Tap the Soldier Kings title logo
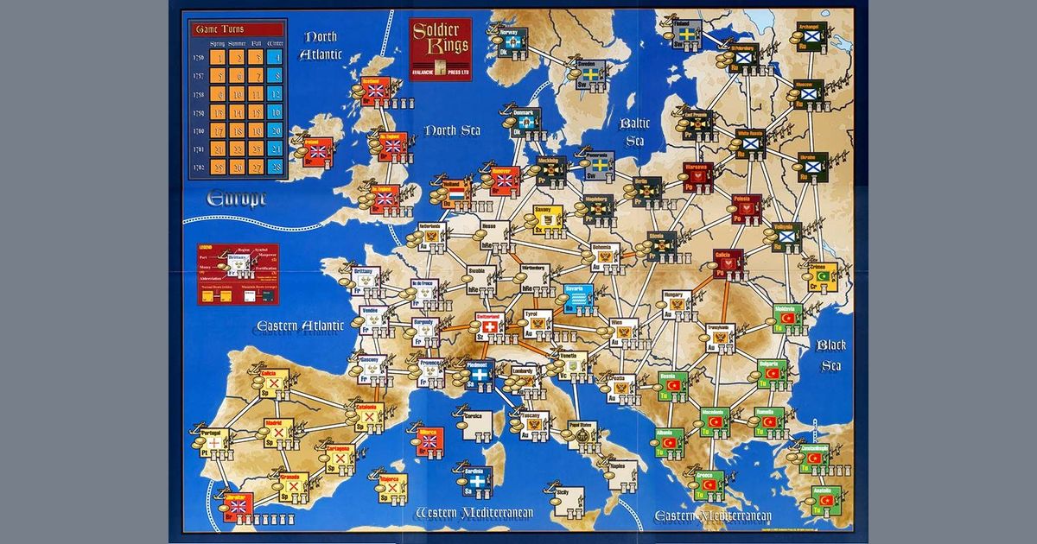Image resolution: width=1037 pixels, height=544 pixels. pos(441,43)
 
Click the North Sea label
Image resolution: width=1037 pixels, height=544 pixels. pos(451,131)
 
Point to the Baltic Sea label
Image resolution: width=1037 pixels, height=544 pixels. pos(635,132)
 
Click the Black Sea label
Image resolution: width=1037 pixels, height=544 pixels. pos(830,355)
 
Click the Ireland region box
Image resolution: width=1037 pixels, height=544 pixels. pos(317,152)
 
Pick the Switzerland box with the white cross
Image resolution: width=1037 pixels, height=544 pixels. pos(491,329)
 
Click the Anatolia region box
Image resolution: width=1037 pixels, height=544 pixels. pos(825,499)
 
